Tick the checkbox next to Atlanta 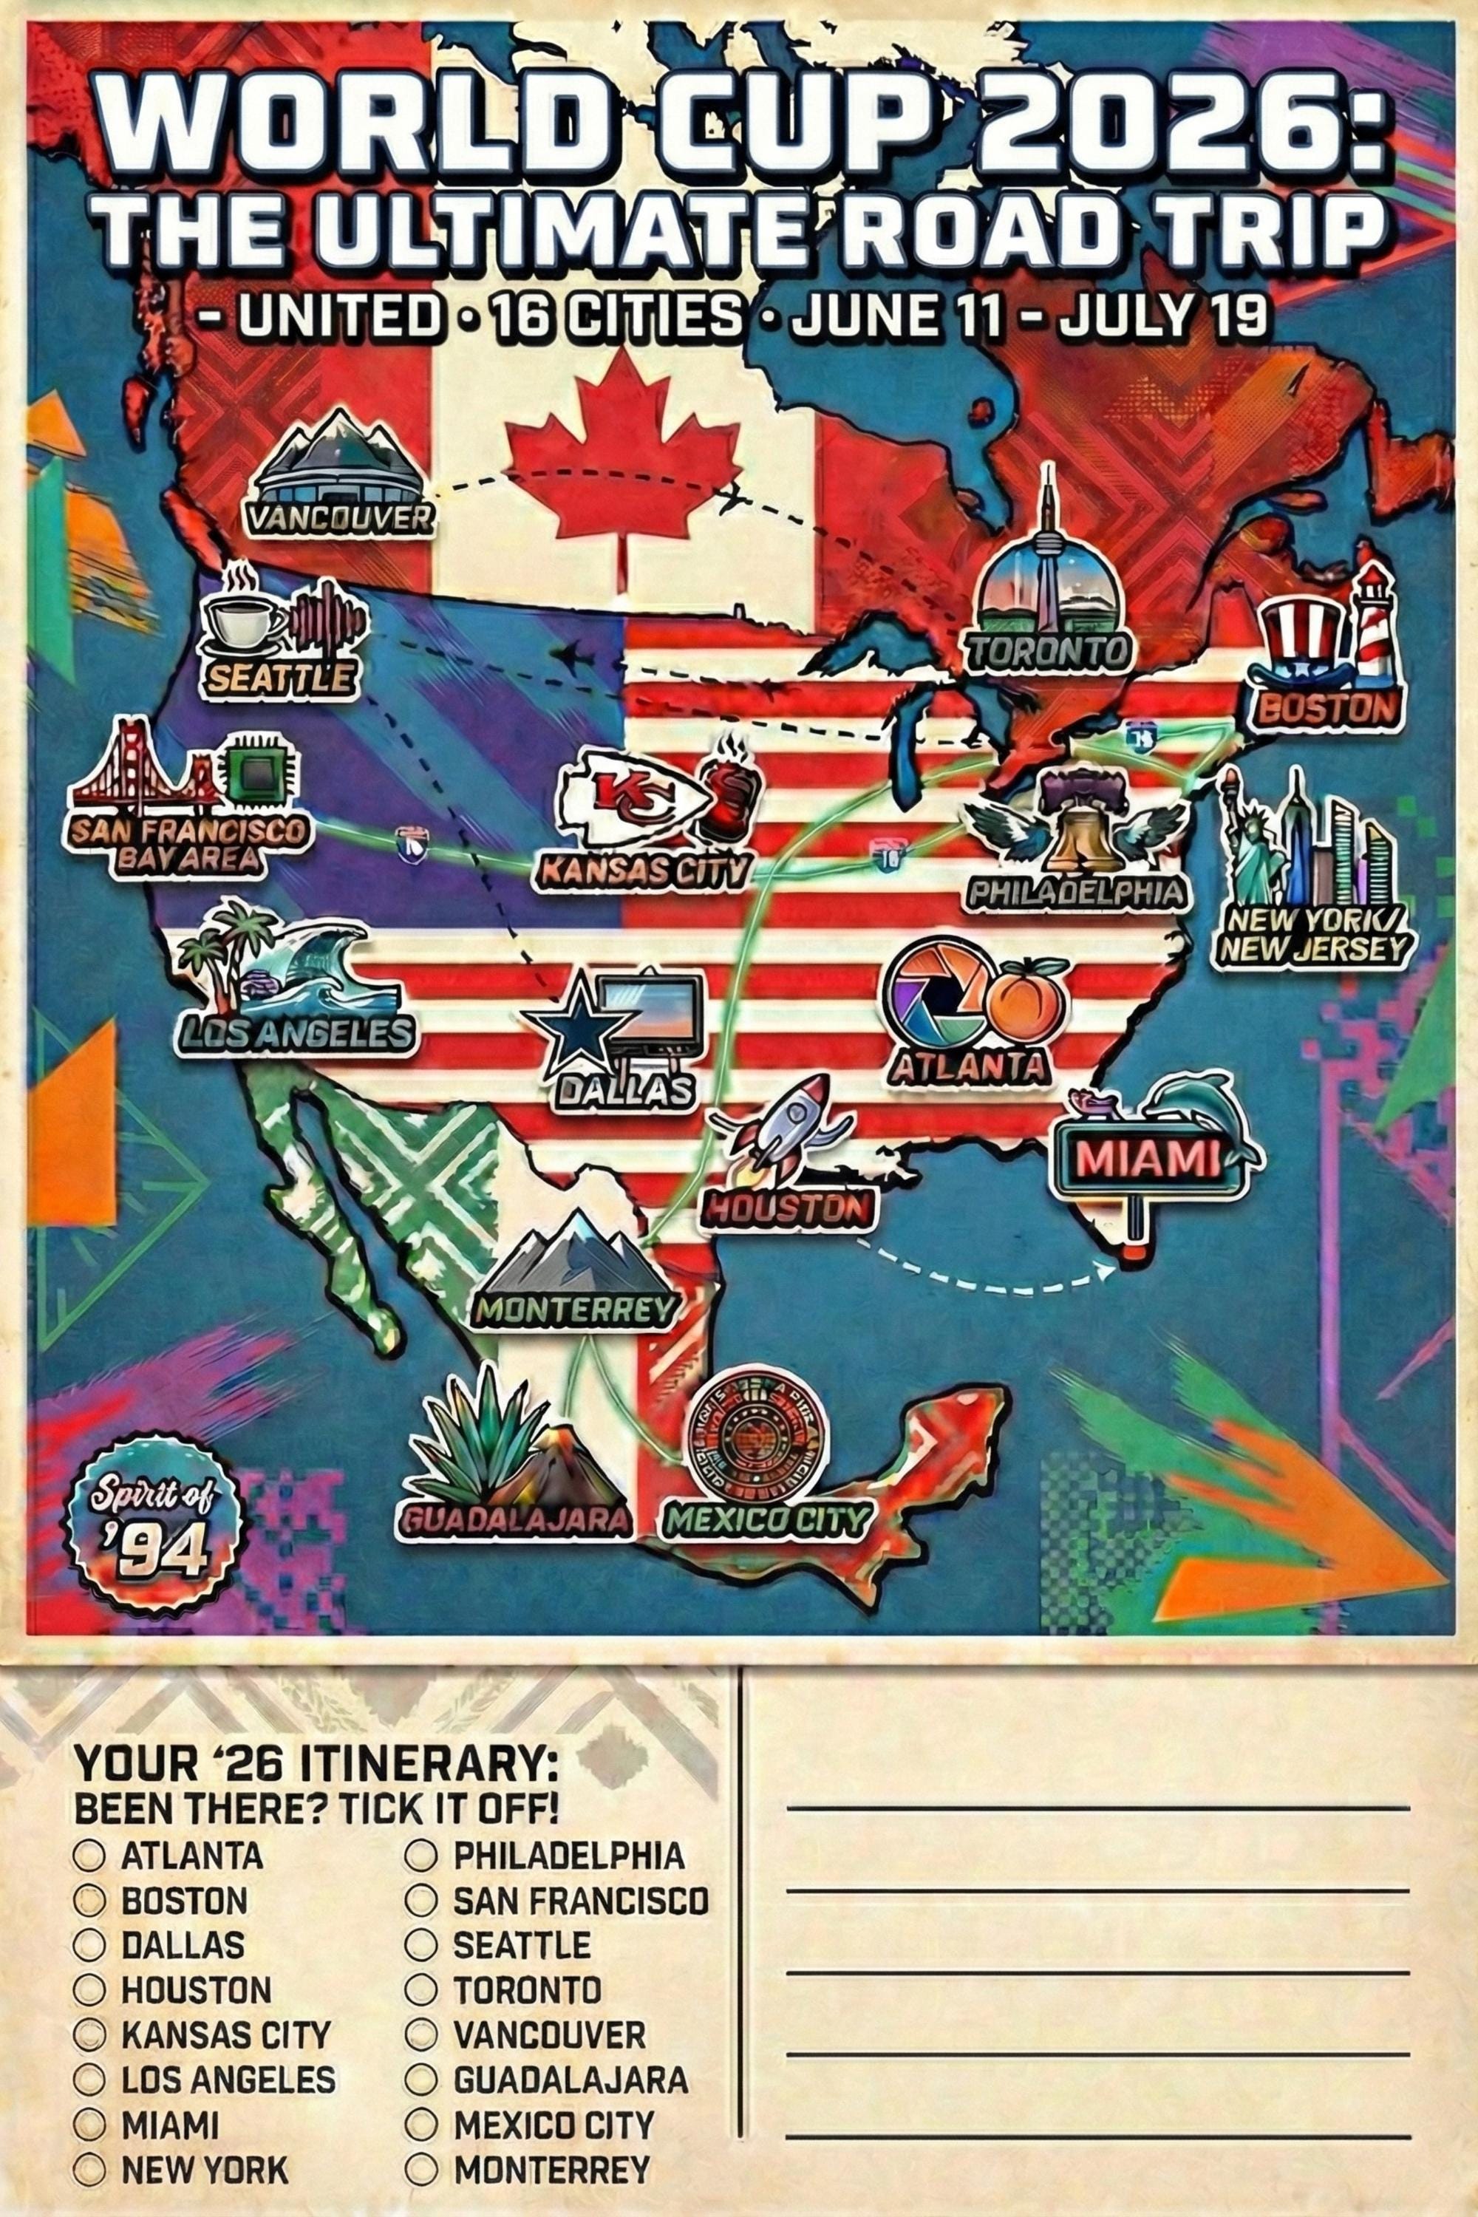89,1856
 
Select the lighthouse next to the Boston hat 1372,627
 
